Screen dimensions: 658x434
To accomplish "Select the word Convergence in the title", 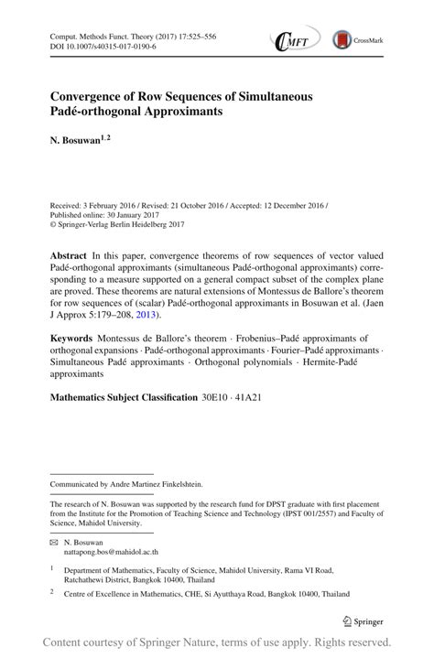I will pyautogui.click(x=88, y=95).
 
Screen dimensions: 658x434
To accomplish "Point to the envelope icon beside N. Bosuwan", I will pyautogui.click(x=54, y=542).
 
